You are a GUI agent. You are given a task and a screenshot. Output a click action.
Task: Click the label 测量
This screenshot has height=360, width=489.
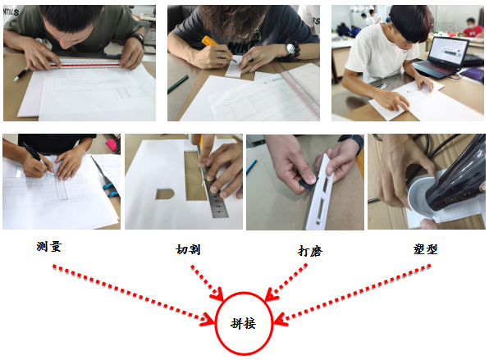point(48,247)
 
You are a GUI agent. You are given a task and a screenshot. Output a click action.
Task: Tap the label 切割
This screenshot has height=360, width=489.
point(188,249)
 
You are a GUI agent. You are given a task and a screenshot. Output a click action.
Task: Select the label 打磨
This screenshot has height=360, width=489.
point(309,251)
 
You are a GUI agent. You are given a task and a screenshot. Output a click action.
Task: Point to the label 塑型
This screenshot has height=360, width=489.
point(425,248)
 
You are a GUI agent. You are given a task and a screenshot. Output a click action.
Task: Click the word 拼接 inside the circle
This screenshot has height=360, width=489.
point(243,323)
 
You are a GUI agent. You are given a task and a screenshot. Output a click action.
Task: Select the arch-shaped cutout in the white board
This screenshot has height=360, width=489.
point(165,194)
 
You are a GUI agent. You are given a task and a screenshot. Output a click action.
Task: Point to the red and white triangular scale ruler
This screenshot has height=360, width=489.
point(85,65)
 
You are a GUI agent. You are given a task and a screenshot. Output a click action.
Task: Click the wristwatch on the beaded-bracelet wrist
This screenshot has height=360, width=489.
point(291,49)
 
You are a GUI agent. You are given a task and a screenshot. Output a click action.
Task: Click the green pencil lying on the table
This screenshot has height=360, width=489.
point(178,84)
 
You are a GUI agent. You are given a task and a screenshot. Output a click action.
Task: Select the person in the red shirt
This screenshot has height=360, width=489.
point(473,28)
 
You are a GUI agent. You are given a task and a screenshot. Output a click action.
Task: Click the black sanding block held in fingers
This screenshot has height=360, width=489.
point(307,183)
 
